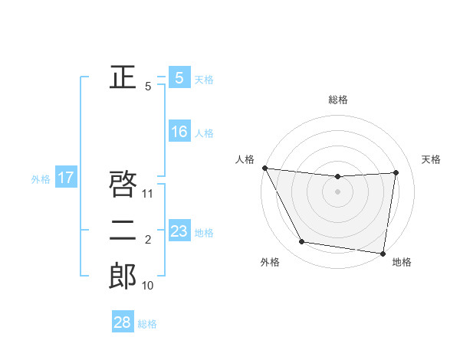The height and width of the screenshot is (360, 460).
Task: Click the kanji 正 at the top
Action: (123, 77)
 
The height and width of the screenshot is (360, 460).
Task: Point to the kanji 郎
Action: (123, 276)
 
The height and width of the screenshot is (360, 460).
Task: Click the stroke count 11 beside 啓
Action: (148, 194)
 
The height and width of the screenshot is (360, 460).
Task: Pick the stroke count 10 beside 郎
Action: (148, 286)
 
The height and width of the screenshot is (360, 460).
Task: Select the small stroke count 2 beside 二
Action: (148, 241)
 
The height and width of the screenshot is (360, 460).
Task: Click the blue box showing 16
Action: (179, 132)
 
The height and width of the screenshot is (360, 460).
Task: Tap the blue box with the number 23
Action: (179, 231)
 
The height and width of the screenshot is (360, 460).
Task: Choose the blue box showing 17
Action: (66, 178)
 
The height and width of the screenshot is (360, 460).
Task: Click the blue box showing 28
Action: (123, 322)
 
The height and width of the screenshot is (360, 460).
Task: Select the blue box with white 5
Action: (179, 78)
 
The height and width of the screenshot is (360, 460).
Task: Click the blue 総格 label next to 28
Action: (147, 324)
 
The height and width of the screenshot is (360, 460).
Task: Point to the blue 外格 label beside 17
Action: (41, 179)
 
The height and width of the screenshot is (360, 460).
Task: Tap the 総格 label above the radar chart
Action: (338, 100)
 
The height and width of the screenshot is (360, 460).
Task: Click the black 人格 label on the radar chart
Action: (245, 159)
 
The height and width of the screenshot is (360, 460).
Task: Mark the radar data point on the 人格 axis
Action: (264, 168)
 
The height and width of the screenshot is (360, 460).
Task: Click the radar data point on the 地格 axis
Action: (383, 253)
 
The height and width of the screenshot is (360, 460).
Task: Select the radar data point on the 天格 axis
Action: (396, 172)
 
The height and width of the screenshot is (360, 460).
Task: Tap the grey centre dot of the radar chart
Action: (338, 191)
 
